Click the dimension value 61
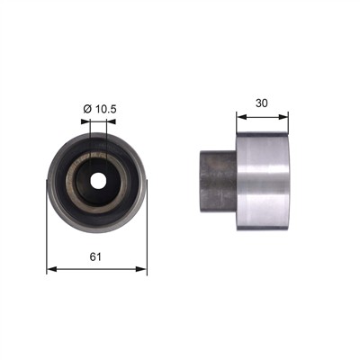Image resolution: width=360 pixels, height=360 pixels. [x=95, y=256]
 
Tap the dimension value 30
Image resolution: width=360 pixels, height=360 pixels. [x=262, y=103]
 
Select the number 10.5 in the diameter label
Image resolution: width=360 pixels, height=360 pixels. [x=105, y=109]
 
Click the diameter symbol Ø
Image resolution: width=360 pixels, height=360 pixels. [x=87, y=109]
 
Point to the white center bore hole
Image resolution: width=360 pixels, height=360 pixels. [x=98, y=180]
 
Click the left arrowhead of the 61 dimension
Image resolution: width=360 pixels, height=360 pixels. [x=52, y=269]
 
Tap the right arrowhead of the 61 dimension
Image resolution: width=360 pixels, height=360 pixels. [x=141, y=269]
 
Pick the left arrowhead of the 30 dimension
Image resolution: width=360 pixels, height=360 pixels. [x=241, y=117]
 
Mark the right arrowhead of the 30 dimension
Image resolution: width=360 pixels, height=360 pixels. [x=283, y=117]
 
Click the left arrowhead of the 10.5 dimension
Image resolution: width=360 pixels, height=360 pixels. [x=85, y=121]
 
